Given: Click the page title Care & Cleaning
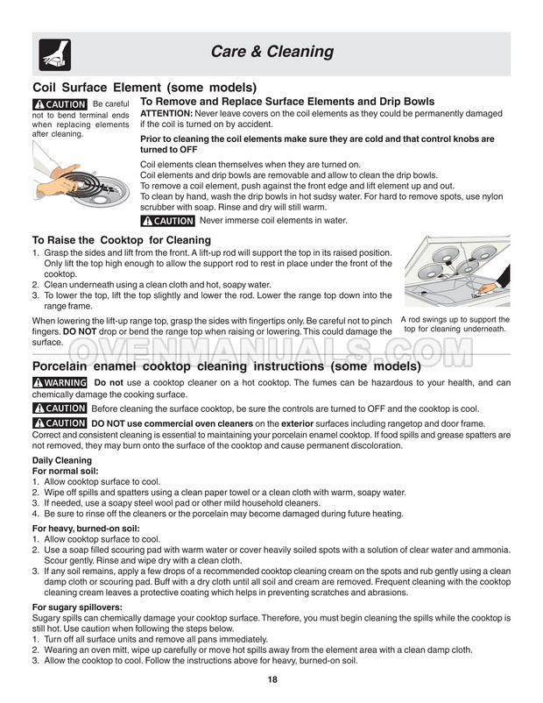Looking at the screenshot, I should tap(271, 52).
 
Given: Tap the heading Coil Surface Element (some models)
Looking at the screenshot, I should tap(145, 88).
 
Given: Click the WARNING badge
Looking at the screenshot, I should tap(59, 383).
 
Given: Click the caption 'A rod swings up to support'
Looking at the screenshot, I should tap(455, 319).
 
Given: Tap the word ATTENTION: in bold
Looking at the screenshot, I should tap(166, 114).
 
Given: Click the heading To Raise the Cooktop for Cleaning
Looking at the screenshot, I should tap(121, 240).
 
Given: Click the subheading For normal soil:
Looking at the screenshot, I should tap(66, 471).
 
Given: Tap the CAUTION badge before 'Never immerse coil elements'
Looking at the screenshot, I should tap(168, 220).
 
